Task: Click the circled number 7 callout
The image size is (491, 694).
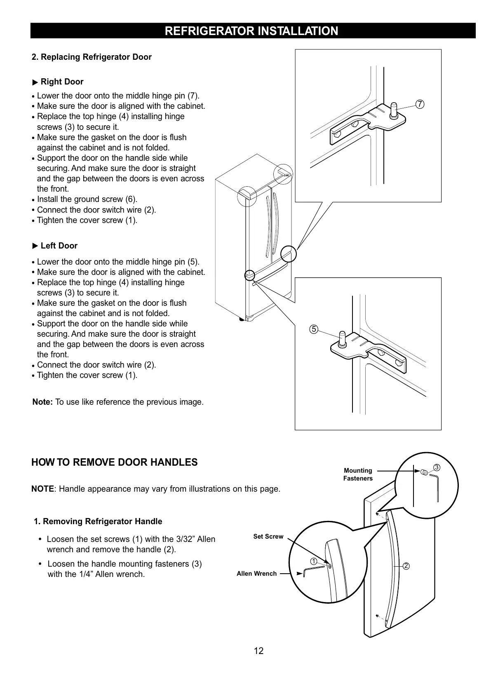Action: point(420,104)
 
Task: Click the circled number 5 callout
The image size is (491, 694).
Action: point(314,329)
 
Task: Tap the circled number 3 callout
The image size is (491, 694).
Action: point(437,467)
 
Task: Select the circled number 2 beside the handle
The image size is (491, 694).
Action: point(406,566)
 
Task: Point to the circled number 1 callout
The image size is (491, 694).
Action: point(314,561)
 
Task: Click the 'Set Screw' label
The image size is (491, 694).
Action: point(268,537)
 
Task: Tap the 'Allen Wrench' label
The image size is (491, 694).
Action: point(256,574)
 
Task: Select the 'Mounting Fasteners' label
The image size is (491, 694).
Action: point(358,474)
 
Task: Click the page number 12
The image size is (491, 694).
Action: point(258,651)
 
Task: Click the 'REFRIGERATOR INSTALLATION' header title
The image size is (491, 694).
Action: point(251,31)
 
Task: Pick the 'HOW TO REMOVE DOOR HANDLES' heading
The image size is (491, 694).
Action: point(115,462)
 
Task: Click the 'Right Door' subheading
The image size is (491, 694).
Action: point(62,82)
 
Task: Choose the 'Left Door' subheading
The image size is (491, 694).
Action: point(59,246)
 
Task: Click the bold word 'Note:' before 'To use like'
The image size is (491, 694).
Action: point(42,402)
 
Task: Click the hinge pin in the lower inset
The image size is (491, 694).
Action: point(342,338)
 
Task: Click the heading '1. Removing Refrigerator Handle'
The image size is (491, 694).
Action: point(98,521)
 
